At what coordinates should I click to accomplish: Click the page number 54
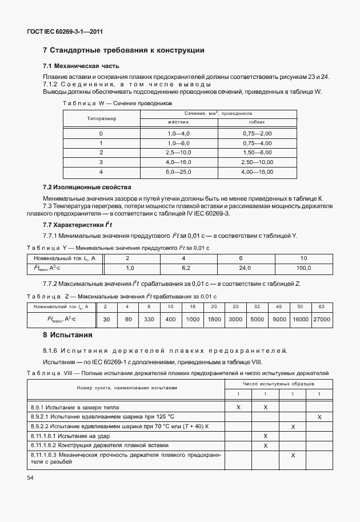[x=30, y=477]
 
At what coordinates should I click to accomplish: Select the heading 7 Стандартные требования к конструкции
[x=123, y=51]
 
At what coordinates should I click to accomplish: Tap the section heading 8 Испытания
[x=68, y=334]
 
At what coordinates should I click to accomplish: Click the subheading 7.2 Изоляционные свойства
[x=87, y=187]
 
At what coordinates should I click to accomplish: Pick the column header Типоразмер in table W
[x=101, y=119]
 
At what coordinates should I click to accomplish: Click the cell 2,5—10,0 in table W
[x=179, y=152]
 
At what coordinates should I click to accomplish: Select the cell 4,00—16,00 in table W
[x=257, y=171]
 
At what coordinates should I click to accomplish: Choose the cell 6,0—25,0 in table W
[x=179, y=171]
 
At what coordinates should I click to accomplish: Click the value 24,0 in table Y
[x=245, y=268]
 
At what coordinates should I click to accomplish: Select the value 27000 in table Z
[x=322, y=319]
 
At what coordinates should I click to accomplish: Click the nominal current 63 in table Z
[x=322, y=306]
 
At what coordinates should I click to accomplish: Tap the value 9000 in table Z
[x=279, y=319]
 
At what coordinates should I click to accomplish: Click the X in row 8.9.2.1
[x=319, y=417]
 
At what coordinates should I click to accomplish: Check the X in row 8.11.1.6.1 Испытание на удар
[x=266, y=436]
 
